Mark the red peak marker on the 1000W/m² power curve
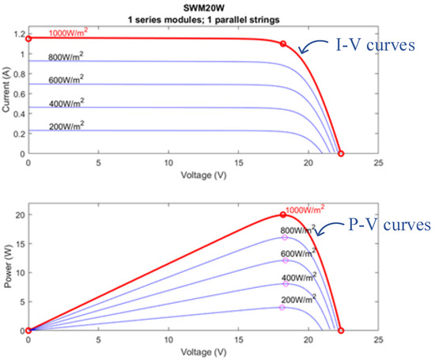tap(283, 214)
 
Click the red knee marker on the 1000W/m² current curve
tap(283, 44)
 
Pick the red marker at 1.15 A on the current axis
tap(28, 38)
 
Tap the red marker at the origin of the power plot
tap(28, 331)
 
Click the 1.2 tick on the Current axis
tap(17, 34)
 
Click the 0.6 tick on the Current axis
tap(17, 93)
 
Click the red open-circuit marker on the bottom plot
tap(341, 331)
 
